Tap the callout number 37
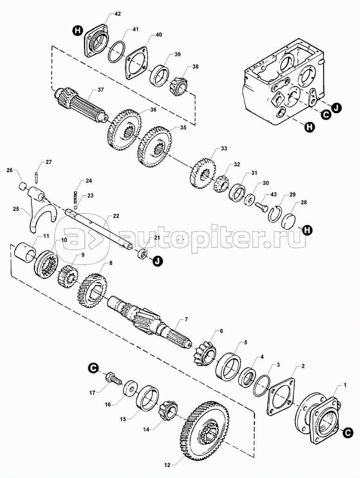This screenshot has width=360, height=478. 101,90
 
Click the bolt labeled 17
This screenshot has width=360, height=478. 113,379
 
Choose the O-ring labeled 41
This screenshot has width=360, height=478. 117,51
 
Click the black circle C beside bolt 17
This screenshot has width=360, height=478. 92,368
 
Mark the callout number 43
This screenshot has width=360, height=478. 273,195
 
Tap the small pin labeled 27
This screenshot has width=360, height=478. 36,177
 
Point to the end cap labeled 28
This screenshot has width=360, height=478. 290,220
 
